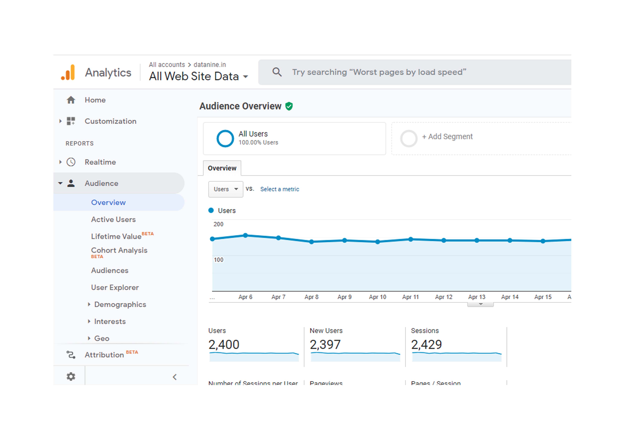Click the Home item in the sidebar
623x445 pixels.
pyautogui.click(x=95, y=100)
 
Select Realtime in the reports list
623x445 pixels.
pyautogui.click(x=100, y=162)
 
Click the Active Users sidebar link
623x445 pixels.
pyautogui.click(x=113, y=220)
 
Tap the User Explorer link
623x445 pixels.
pyautogui.click(x=115, y=287)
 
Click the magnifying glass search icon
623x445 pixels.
pyautogui.click(x=277, y=72)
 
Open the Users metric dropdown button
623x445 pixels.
pyautogui.click(x=225, y=189)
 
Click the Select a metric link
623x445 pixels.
pyautogui.click(x=279, y=189)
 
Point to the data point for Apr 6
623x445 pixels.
pyautogui.click(x=245, y=235)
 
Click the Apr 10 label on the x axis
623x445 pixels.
pyautogui.click(x=377, y=297)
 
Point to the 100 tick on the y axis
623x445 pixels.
pyautogui.click(x=218, y=260)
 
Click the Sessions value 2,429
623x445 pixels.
pyautogui.click(x=426, y=345)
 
